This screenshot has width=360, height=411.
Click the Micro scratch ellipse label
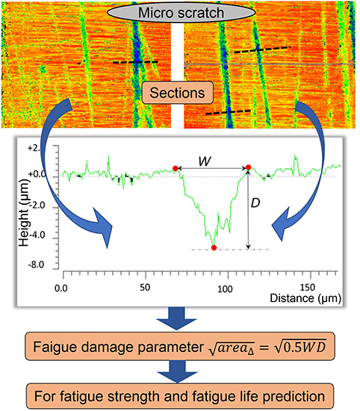click(x=179, y=13)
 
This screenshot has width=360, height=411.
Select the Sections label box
click(x=179, y=94)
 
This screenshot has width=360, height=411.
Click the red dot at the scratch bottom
click(x=214, y=247)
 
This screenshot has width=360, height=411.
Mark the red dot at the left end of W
click(x=176, y=169)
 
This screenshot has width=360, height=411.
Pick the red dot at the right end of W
click(x=248, y=168)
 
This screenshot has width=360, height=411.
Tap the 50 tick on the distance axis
click(x=142, y=286)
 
